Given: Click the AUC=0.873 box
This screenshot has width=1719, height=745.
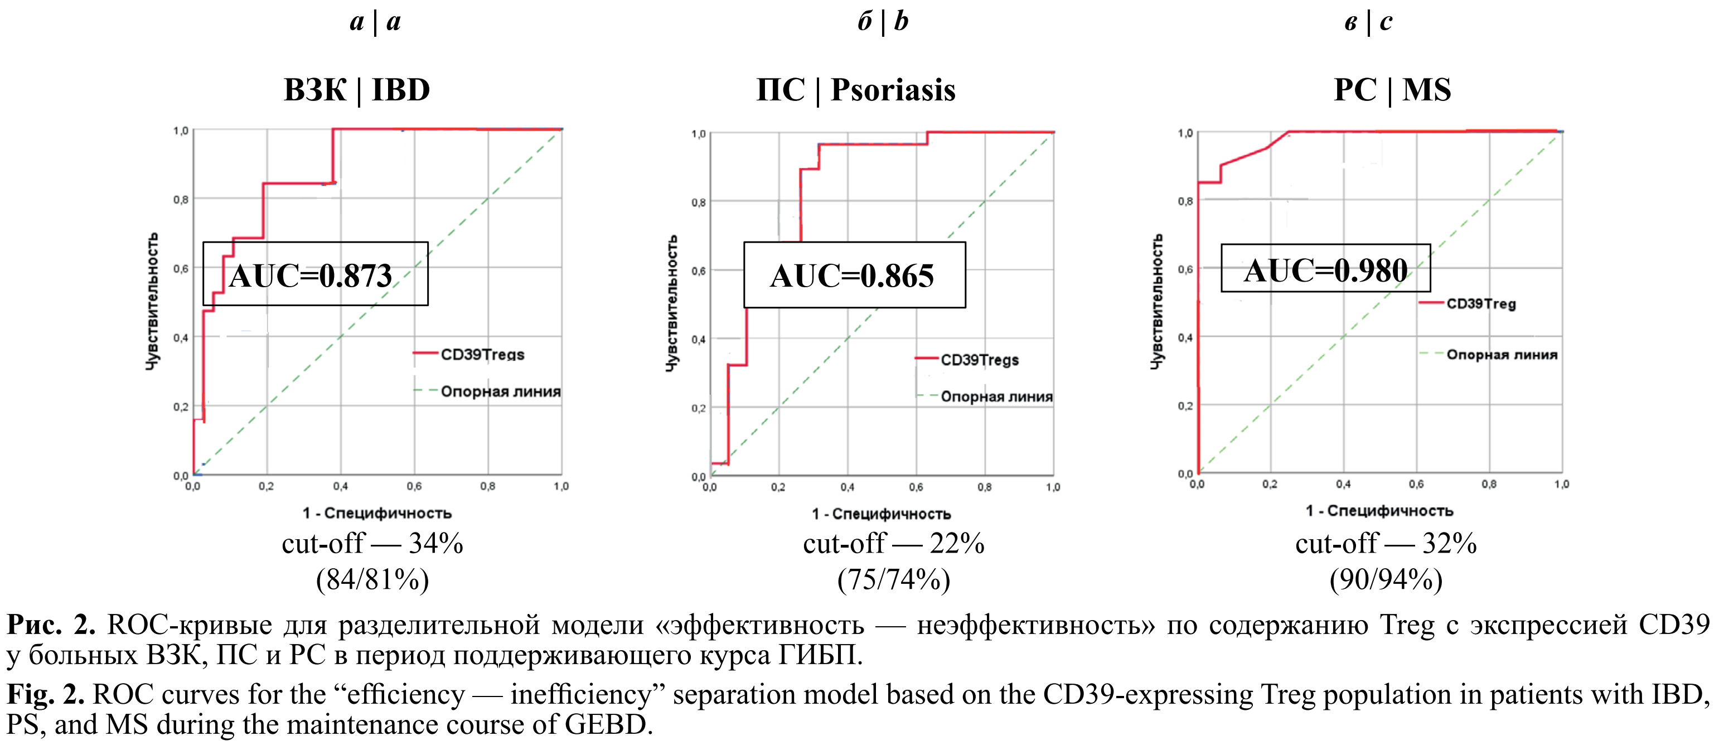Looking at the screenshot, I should [315, 274].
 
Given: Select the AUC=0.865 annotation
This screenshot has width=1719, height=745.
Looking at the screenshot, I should [854, 275].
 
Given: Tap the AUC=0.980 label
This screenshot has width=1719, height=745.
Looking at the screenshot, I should [1325, 269].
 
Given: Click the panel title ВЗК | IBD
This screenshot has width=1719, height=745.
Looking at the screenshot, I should [357, 89].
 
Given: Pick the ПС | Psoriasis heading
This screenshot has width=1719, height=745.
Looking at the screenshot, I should [855, 89].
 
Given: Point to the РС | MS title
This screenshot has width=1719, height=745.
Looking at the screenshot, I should [1392, 89].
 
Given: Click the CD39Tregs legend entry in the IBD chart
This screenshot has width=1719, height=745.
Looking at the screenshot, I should [482, 355].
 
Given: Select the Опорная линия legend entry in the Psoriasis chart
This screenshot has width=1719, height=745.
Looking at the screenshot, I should [996, 396].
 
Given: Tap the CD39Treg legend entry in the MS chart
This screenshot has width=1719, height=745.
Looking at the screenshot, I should [1481, 304].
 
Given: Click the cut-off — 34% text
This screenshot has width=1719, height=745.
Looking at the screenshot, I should [372, 543].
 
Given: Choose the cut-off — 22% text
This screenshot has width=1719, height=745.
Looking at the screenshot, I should [894, 543].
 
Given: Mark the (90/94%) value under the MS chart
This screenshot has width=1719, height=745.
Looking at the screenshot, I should [1386, 579].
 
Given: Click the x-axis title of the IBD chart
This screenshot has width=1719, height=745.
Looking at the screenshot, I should [377, 512].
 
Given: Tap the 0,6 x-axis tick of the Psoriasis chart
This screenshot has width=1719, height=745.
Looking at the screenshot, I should [916, 487].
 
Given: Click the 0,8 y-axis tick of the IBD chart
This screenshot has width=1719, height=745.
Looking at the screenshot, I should [181, 200].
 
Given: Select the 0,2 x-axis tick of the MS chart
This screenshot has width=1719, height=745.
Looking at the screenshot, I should [1270, 485].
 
